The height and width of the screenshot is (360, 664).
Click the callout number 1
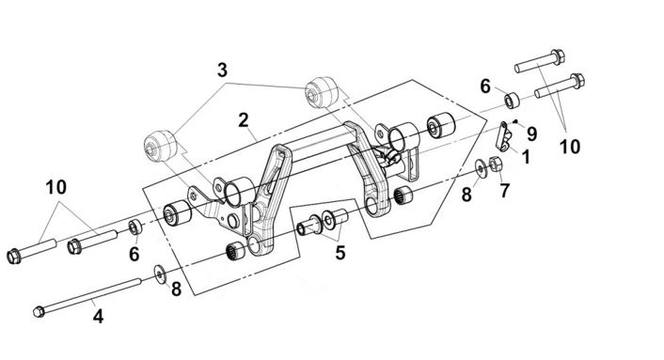(x=526, y=157)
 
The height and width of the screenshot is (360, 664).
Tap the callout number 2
(x=243, y=120)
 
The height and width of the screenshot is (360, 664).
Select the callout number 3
(x=222, y=70)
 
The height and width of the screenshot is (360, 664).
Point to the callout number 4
(x=98, y=317)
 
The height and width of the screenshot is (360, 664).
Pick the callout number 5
(x=340, y=253)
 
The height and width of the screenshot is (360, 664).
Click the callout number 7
(x=504, y=191)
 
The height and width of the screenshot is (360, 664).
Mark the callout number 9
(x=532, y=134)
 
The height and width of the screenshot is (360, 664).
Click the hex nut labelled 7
(x=496, y=164)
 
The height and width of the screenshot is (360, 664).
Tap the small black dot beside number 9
(x=515, y=121)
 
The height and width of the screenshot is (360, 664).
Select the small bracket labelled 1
(x=503, y=136)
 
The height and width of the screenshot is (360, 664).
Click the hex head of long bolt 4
(x=39, y=312)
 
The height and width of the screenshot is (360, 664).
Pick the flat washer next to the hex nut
(x=481, y=168)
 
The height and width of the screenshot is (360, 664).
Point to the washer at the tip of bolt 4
(x=160, y=275)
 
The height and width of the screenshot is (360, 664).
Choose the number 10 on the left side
(x=56, y=187)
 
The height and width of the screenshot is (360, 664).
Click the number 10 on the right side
(x=570, y=147)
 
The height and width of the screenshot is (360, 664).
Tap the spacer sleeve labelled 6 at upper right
(x=513, y=101)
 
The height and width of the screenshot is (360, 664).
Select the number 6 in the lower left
(x=134, y=254)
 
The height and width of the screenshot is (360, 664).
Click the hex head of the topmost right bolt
(x=558, y=57)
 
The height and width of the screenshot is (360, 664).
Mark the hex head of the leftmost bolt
(x=14, y=256)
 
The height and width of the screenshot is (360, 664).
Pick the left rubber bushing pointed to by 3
(x=160, y=146)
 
